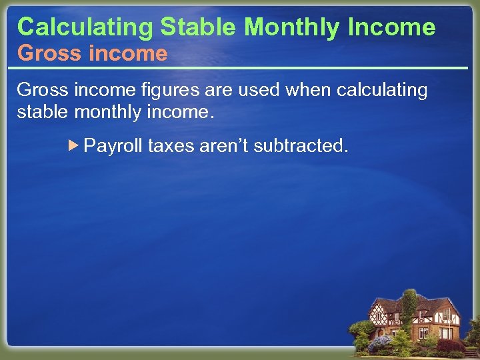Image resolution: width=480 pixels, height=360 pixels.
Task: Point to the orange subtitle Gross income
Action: coord(92,53)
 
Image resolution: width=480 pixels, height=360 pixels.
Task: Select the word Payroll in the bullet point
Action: coord(113,146)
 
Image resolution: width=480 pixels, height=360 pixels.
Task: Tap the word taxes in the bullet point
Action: coord(171,146)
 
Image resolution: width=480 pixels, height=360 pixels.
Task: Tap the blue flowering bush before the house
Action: coord(379,343)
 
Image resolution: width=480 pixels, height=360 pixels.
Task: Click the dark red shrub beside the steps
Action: coord(449,346)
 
